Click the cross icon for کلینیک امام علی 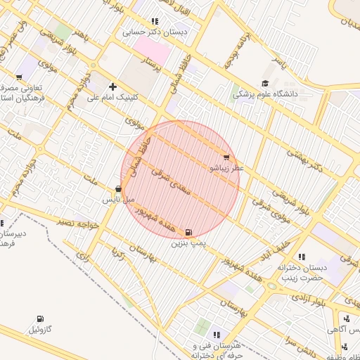click(x=112, y=86)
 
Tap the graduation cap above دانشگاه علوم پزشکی click(x=264, y=83)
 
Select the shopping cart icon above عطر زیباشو click(x=226, y=157)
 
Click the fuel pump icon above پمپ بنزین click(x=188, y=233)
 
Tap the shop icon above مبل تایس click(x=118, y=188)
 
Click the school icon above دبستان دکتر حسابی click(x=155, y=21)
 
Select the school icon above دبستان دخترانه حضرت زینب click(x=302, y=257)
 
